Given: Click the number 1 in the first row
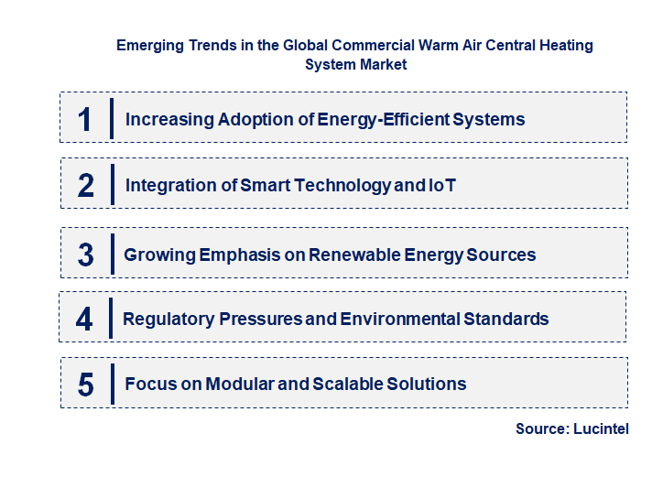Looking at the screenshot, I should click(x=84, y=119).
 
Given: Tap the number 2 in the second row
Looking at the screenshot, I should click(x=86, y=186).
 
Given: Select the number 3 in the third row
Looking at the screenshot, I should click(x=86, y=255).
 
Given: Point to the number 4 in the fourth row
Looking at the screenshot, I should click(x=84, y=320).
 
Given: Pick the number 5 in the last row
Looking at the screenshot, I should click(x=86, y=385).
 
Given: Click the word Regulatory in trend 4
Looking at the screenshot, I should click(x=168, y=320).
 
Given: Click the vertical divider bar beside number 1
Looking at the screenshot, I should click(x=112, y=119).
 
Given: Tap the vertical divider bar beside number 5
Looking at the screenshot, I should click(x=112, y=384).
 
